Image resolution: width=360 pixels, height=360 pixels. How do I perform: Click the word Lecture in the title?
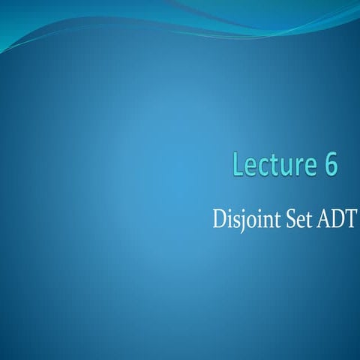tap(274, 166)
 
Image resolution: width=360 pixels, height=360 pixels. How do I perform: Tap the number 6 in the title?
tap(331, 166)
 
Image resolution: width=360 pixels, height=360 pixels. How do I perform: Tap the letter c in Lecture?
tap(263, 168)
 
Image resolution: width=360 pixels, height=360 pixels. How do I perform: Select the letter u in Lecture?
tap(286, 168)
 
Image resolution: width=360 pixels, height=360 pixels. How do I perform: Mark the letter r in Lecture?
tap(298, 168)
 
